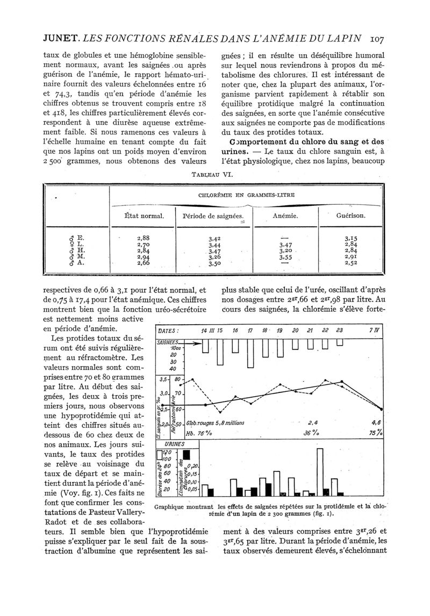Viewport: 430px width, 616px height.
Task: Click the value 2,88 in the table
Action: (x=143, y=237)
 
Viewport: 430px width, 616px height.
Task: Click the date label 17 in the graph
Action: (x=250, y=331)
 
